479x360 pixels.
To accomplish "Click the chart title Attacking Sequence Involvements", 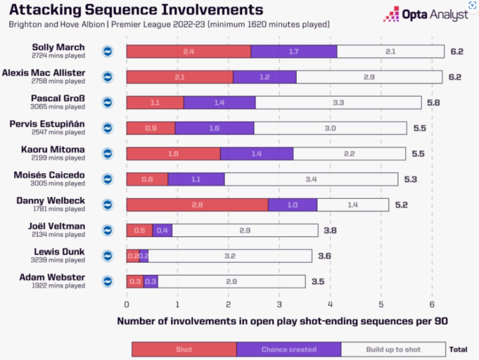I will (136, 10).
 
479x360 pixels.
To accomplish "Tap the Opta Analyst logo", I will (426, 14).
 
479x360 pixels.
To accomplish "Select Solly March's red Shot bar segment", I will (188, 51).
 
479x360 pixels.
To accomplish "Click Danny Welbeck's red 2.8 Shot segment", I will (197, 204).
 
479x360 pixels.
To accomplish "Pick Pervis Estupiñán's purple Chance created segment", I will (214, 128).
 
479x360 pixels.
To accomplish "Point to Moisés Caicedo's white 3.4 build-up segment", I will (311, 179).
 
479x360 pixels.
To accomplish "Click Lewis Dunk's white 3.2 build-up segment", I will (230, 256).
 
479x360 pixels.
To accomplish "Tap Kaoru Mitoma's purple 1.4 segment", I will (256, 153).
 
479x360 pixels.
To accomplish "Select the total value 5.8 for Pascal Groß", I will (433, 102).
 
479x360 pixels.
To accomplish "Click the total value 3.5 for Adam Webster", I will (318, 281).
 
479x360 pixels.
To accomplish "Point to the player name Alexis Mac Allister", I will (43, 72).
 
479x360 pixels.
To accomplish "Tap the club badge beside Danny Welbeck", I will (108, 204).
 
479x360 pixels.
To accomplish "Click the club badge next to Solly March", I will (108, 51).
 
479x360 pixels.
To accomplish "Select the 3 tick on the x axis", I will (279, 305).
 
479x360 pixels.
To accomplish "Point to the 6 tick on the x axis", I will (432, 305).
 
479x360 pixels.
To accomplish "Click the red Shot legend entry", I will (184, 349).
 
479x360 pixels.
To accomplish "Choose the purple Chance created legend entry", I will (289, 349).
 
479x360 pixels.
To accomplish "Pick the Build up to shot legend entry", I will (393, 349).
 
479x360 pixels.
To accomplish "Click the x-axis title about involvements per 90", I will (282, 321).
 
